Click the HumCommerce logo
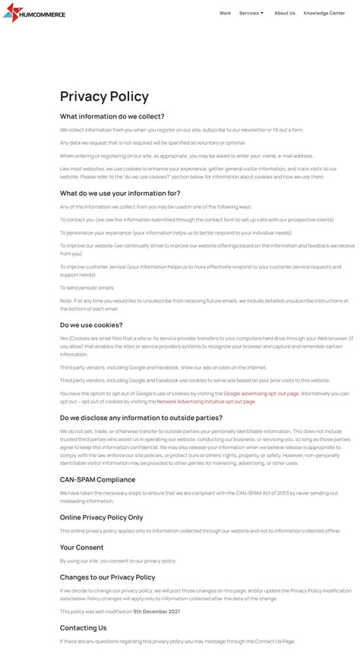click(x=33, y=13)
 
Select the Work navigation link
click(x=225, y=13)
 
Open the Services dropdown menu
click(x=251, y=13)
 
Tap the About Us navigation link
click(x=285, y=13)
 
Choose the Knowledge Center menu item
click(x=324, y=13)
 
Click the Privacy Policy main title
click(x=104, y=96)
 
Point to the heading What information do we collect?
click(x=112, y=116)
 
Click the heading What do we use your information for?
click(x=120, y=193)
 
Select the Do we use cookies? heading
click(x=91, y=324)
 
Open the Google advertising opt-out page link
click(x=261, y=393)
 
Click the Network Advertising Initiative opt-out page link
click(x=206, y=401)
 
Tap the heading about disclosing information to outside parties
click(x=141, y=418)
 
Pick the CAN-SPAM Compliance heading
click(x=97, y=479)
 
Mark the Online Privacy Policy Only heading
click(x=101, y=517)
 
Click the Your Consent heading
click(x=81, y=547)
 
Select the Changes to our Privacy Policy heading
click(x=107, y=577)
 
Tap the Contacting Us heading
click(x=84, y=627)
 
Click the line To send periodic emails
click(x=87, y=288)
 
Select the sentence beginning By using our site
click(x=118, y=561)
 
